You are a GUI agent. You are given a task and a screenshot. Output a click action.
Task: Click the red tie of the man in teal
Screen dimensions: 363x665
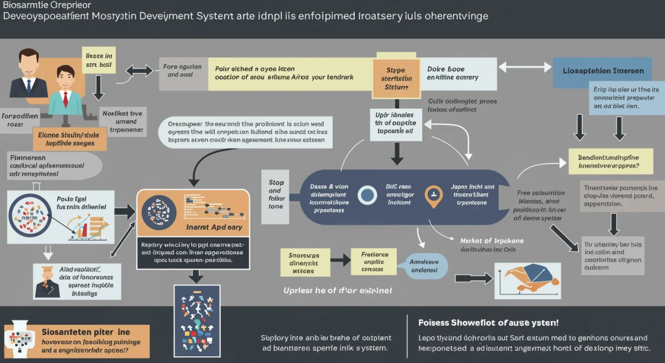[x=65, y=99]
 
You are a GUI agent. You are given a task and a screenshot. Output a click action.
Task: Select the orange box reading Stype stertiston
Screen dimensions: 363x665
[x=393, y=78]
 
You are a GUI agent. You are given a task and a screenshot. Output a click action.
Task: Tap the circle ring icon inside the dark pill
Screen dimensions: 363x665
[x=367, y=195]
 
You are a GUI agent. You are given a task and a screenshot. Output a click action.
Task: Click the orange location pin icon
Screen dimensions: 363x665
[x=433, y=195]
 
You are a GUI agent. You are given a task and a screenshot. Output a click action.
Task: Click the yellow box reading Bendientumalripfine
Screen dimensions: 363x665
[x=608, y=161]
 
